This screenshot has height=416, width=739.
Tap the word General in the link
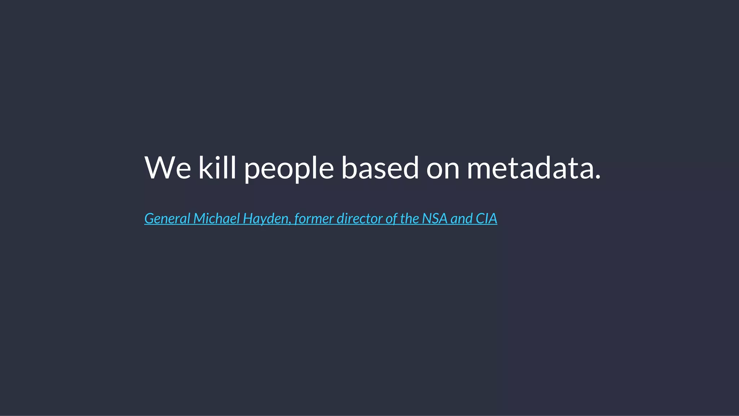coord(167,218)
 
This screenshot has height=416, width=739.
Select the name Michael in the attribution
coord(217,218)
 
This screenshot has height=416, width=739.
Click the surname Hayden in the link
coord(265,219)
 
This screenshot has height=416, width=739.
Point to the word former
coord(314,218)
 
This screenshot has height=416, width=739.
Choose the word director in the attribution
coord(359,218)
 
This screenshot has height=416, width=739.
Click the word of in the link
coord(391,218)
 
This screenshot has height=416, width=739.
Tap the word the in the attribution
coord(409,218)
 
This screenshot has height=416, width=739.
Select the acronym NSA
coord(434,218)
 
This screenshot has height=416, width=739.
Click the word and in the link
coord(462,218)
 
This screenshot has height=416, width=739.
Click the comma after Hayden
coord(290,223)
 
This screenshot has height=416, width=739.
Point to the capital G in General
coord(149,218)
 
